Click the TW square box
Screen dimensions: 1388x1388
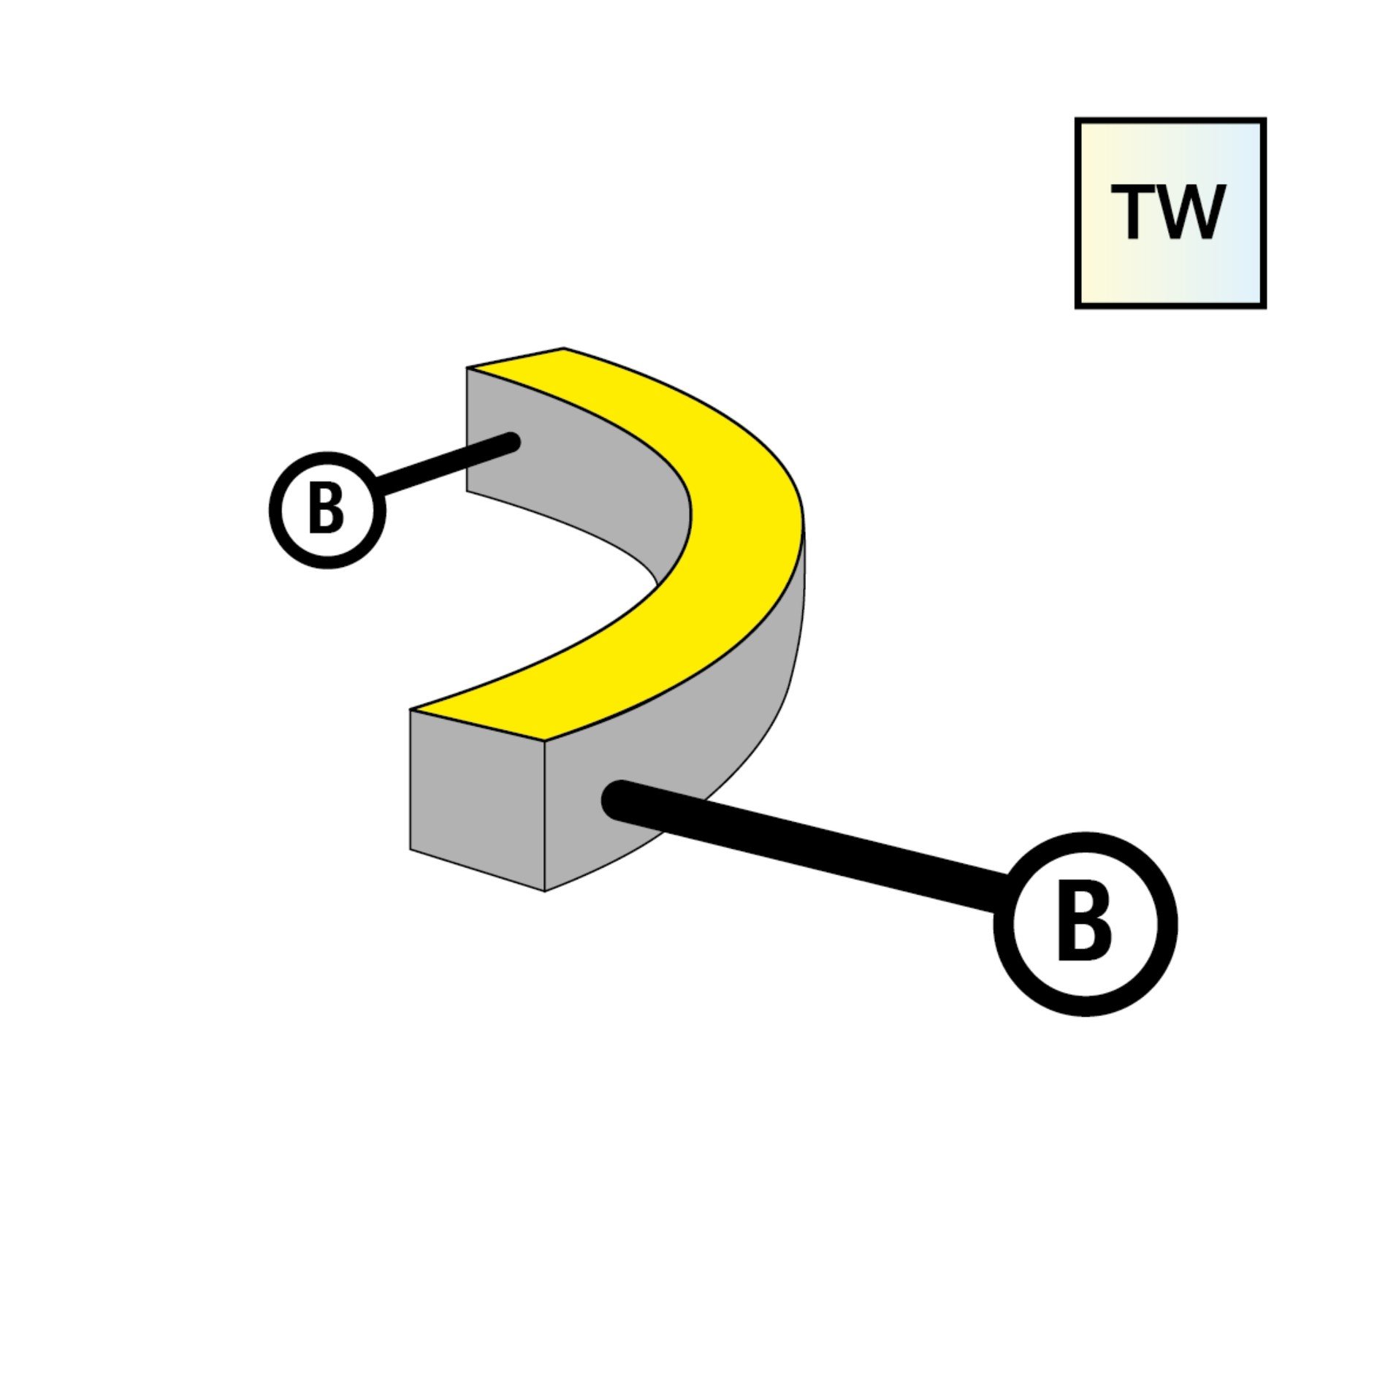click(x=1170, y=213)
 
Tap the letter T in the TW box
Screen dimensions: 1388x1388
click(x=1132, y=211)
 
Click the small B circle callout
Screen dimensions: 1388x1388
click(x=327, y=510)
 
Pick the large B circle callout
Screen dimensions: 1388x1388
click(x=1085, y=923)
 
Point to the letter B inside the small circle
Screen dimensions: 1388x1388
click(x=326, y=510)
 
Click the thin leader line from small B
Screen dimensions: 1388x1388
click(x=446, y=465)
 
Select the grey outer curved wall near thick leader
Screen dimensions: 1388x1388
click(x=731, y=731)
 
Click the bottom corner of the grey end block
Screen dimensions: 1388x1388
click(x=545, y=890)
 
